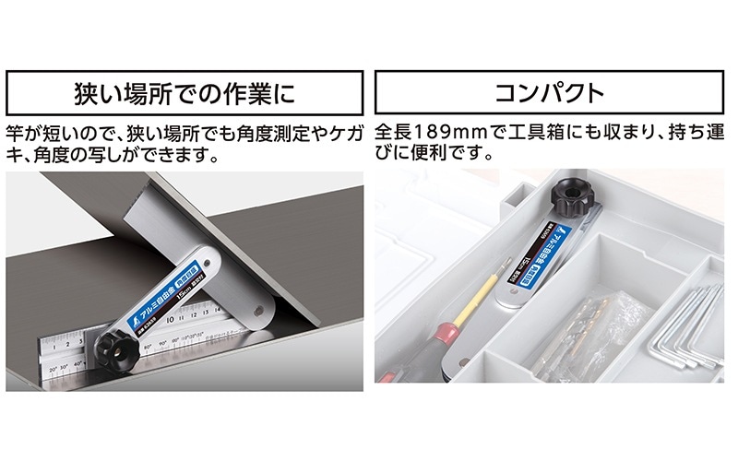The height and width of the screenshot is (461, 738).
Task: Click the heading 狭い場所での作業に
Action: tap(184, 92)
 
